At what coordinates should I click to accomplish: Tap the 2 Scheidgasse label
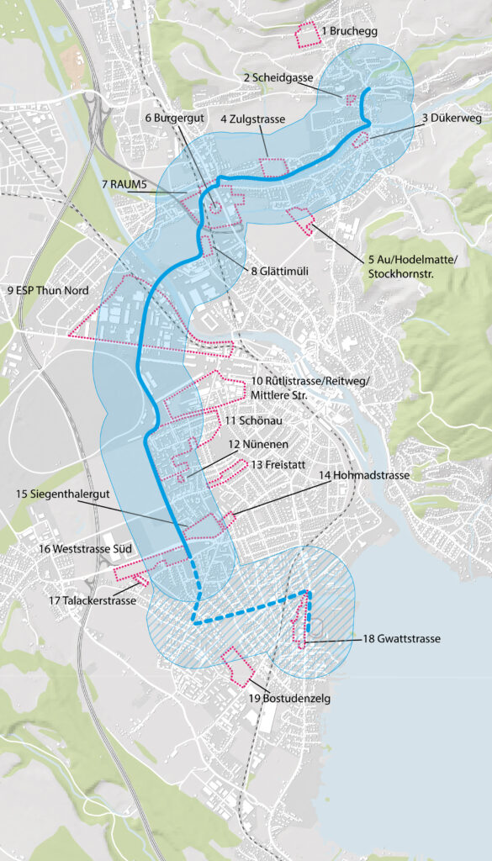tap(278, 77)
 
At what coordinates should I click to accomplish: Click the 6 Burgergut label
tap(176, 119)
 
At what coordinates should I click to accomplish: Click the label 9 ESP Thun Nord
tap(47, 291)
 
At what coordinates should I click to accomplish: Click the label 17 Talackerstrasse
tap(93, 600)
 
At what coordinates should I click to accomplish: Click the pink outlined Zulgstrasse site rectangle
tap(274, 166)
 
